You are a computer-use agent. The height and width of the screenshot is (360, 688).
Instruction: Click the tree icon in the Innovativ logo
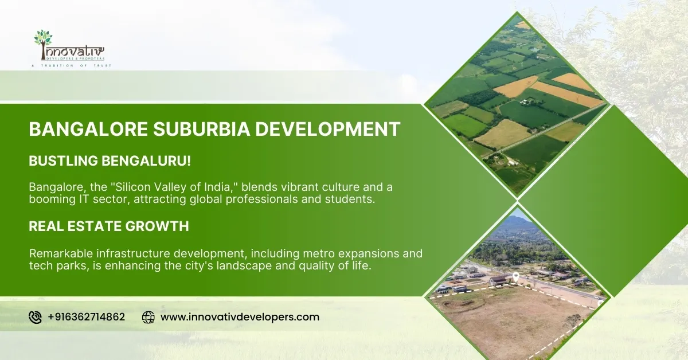(43, 38)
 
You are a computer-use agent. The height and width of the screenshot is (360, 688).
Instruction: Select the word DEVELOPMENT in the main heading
(327, 129)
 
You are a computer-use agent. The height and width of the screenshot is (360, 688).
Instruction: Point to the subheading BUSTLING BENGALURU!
(110, 161)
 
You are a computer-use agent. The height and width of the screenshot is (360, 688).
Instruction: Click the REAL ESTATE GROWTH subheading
(109, 226)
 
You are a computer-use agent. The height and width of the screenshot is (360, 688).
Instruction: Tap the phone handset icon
(35, 317)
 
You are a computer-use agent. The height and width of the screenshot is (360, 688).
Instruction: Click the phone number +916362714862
(86, 317)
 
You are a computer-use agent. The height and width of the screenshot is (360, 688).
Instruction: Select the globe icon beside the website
(148, 317)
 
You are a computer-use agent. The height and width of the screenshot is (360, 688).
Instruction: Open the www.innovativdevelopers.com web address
(240, 317)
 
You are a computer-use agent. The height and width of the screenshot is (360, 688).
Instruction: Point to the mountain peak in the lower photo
(515, 220)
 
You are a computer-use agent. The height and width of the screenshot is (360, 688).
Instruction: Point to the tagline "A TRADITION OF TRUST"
(71, 66)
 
